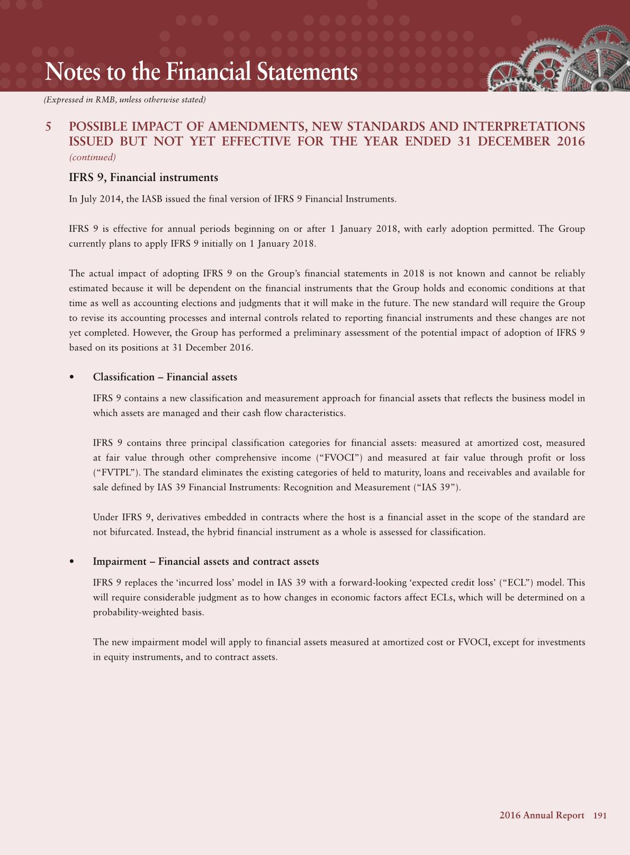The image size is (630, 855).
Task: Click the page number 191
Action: click(600, 816)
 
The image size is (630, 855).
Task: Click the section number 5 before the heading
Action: click(48, 127)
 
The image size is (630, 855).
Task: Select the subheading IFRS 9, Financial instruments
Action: click(143, 178)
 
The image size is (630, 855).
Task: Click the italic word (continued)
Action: click(93, 157)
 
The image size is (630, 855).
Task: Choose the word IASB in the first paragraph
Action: click(150, 200)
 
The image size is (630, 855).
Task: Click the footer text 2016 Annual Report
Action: click(542, 816)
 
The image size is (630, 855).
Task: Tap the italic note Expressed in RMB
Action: click(124, 100)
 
